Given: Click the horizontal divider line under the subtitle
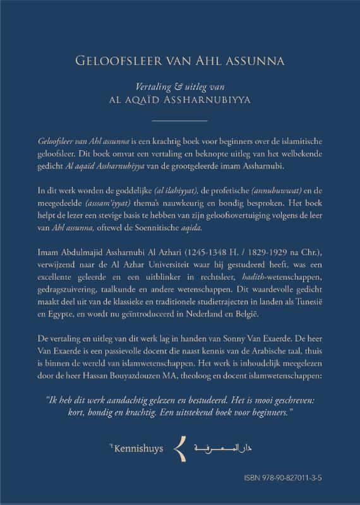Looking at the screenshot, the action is (180, 120).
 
